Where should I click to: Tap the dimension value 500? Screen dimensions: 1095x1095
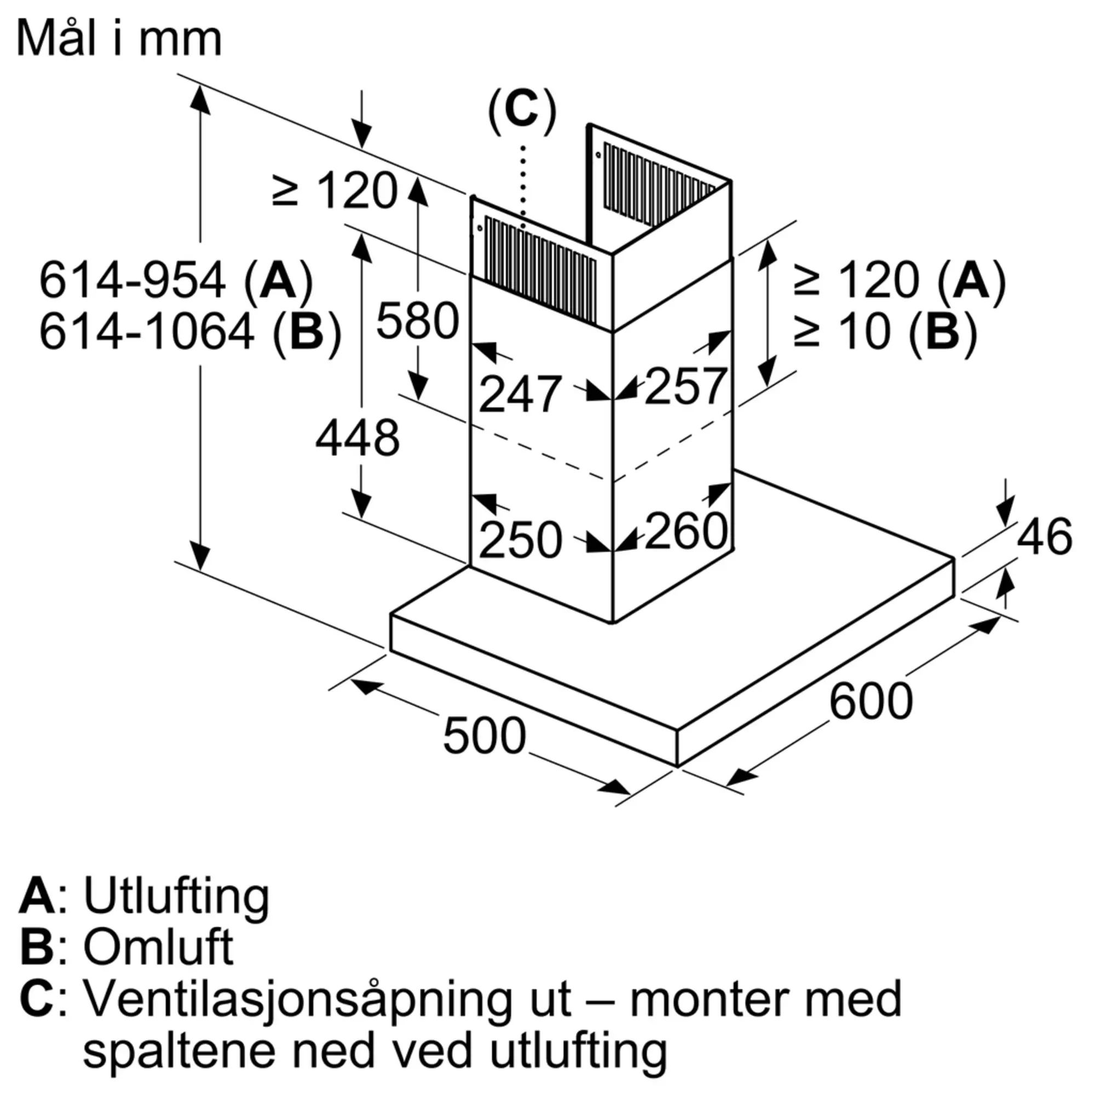(485, 736)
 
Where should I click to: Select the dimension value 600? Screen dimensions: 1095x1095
(871, 702)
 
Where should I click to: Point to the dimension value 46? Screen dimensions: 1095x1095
(1045, 535)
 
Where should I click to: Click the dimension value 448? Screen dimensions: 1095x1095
(358, 438)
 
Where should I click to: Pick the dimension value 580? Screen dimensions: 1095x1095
(418, 321)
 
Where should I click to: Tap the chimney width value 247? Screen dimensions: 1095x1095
(520, 394)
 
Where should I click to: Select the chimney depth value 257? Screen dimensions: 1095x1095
(686, 386)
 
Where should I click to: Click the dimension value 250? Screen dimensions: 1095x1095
(520, 540)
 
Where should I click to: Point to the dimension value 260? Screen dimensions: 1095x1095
(686, 531)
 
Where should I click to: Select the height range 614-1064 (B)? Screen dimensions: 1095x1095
(191, 332)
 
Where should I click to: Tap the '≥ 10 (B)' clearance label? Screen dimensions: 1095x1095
(886, 332)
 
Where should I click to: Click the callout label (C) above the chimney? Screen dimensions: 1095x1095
(522, 111)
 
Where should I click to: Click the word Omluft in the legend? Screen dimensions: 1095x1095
(158, 947)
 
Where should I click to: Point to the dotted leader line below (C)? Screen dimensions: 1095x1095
(522, 187)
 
